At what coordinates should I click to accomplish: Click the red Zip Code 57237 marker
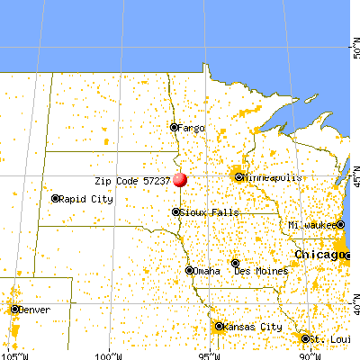pyautogui.click(x=180, y=179)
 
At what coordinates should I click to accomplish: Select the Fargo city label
pyautogui.click(x=191, y=129)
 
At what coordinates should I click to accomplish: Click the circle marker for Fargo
pyautogui.click(x=175, y=128)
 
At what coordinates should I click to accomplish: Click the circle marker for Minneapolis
pyautogui.click(x=239, y=177)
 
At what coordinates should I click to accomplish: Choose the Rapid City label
pyautogui.click(x=86, y=199)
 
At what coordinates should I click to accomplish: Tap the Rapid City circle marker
pyautogui.click(x=56, y=199)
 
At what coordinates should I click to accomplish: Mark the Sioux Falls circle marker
pyautogui.click(x=175, y=212)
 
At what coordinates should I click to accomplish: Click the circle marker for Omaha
pyautogui.click(x=189, y=270)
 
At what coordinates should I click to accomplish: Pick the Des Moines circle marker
pyautogui.click(x=235, y=263)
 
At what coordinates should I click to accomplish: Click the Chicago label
pyautogui.click(x=319, y=255)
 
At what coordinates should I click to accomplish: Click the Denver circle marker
pyautogui.click(x=15, y=309)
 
